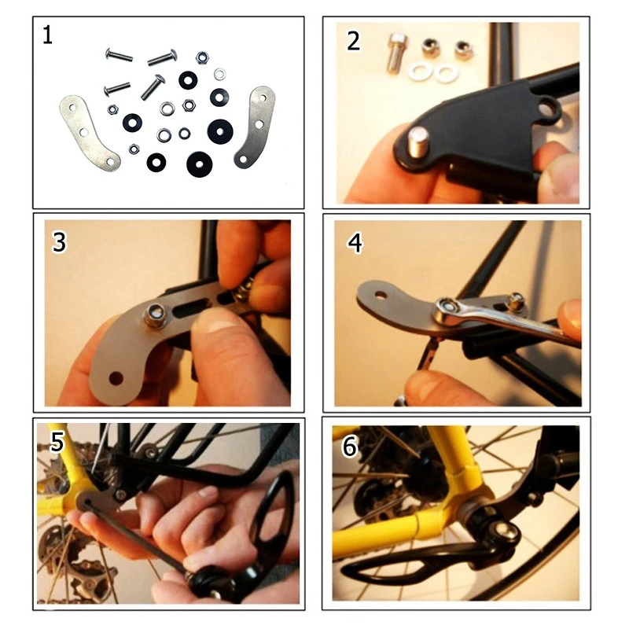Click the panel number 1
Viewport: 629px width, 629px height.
[x=47, y=35]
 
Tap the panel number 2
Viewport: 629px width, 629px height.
[x=353, y=41]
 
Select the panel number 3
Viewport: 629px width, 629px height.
[x=59, y=242]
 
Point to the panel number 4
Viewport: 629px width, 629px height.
[x=355, y=243]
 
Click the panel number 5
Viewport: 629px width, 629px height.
[x=57, y=442]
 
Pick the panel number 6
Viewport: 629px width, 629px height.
[x=349, y=447]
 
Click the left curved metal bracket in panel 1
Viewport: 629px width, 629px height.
[x=89, y=133]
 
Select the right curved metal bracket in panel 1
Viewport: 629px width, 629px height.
[x=255, y=127]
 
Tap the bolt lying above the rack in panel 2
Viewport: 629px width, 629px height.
[x=397, y=53]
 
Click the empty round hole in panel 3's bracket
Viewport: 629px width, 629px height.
[x=116, y=378]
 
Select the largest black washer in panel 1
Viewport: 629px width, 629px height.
[x=220, y=131]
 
